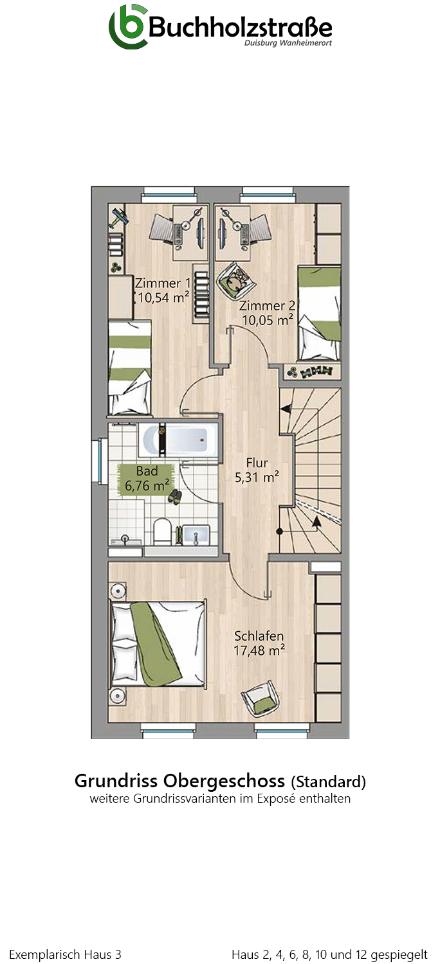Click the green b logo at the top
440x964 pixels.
[127, 28]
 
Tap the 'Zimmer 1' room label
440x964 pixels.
[163, 283]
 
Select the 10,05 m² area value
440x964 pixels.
[268, 320]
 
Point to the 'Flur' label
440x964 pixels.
[257, 463]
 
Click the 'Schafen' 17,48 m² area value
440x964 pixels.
[259, 650]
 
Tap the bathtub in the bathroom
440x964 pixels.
[178, 440]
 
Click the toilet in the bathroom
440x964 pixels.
[163, 531]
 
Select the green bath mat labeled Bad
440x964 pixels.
[146, 479]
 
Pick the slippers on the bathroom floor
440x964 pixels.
[174, 497]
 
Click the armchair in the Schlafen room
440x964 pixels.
[261, 699]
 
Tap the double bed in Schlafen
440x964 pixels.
[158, 643]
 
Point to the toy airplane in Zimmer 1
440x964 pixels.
[119, 217]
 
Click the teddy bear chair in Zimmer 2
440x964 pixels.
[235, 280]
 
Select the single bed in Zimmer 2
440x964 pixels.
[319, 314]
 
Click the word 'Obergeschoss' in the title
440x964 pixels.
[224, 781]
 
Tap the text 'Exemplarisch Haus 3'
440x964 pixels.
[65, 954]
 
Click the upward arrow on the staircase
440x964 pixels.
[316, 522]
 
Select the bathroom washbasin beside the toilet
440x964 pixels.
[196, 535]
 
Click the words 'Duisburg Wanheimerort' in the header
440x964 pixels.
[288, 43]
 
